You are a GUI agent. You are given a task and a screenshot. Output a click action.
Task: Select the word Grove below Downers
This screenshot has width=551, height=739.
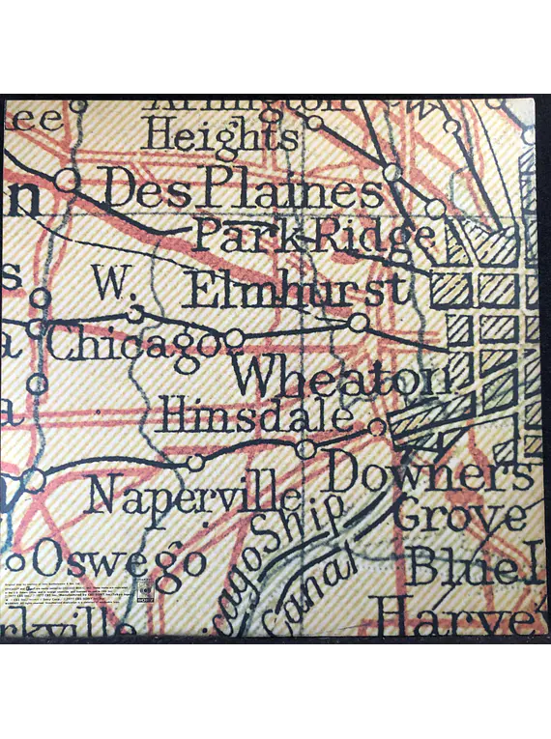click(458, 518)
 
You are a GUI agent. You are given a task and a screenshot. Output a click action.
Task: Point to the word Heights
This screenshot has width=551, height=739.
click(220, 135)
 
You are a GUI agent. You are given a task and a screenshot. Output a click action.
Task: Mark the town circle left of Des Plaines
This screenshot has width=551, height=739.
click(66, 179)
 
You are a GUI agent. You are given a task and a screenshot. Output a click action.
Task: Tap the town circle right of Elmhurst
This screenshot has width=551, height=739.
click(359, 322)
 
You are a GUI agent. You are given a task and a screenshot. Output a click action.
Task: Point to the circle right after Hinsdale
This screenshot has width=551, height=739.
click(377, 426)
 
